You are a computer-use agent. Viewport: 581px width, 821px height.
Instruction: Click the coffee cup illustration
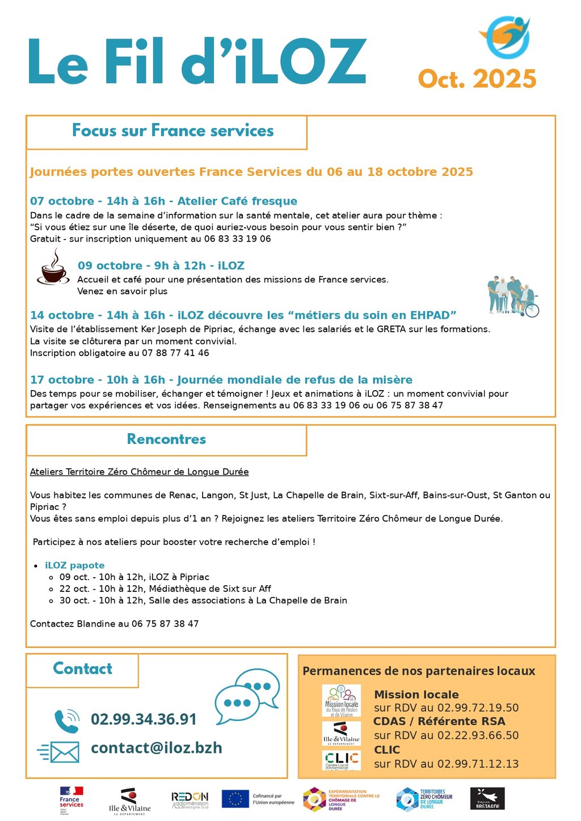point(53,268)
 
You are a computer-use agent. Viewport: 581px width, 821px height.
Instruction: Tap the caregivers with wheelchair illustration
point(512,296)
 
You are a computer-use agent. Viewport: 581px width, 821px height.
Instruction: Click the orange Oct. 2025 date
point(477,79)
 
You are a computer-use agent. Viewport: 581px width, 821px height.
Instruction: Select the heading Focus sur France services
point(172,131)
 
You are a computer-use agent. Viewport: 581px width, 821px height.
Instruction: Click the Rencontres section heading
point(166,439)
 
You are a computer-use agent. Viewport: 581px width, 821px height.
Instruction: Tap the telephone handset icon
point(66,721)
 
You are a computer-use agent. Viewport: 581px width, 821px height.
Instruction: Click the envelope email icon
point(58,752)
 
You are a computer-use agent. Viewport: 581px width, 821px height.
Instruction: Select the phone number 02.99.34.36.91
point(144,720)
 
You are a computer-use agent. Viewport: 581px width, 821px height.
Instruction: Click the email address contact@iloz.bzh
point(157,748)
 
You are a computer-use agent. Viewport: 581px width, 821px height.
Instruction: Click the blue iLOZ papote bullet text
point(75,565)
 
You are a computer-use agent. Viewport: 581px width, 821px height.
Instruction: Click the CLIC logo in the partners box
point(342,760)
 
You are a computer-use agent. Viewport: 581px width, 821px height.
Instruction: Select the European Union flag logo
point(235,798)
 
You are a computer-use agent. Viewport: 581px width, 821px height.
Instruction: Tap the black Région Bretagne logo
point(487,799)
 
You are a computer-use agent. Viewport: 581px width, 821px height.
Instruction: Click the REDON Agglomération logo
point(190,799)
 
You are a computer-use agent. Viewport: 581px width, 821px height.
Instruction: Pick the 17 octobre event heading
point(221,380)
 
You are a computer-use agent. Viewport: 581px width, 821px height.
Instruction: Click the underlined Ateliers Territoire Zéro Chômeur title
point(139,472)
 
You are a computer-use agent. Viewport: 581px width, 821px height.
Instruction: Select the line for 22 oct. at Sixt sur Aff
point(165,589)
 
